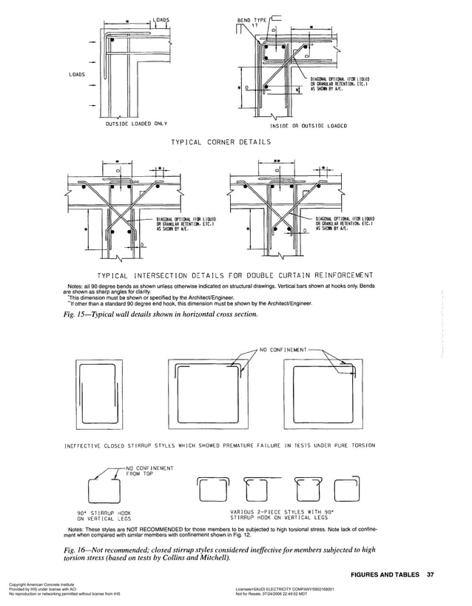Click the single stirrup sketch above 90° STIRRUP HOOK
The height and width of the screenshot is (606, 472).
pos(103,489)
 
